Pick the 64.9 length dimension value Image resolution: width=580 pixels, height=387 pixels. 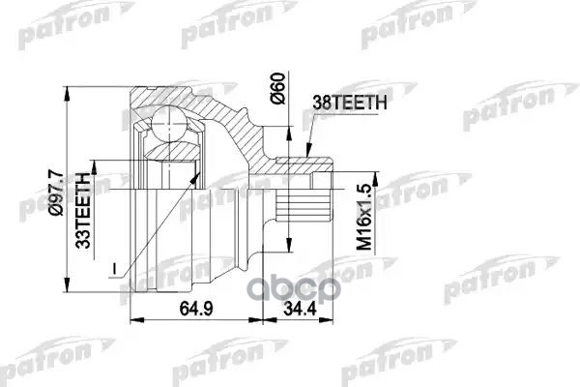(189, 309)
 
